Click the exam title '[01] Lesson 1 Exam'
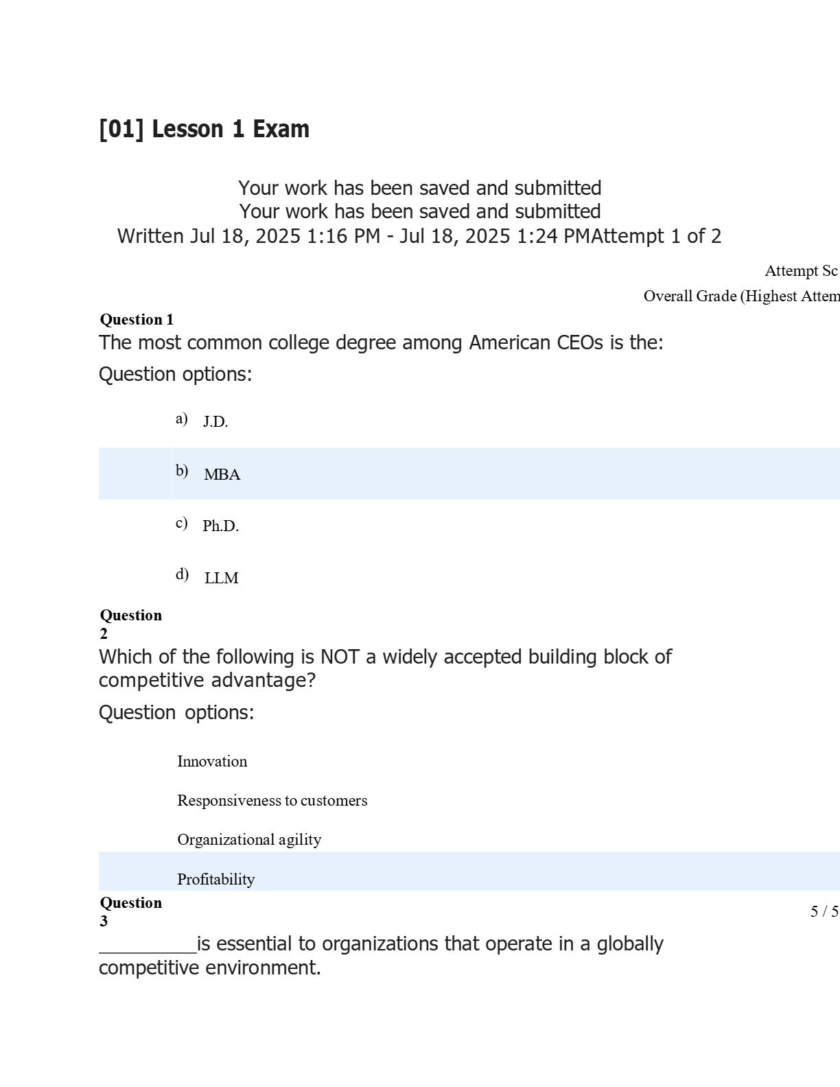pyautogui.click(x=204, y=129)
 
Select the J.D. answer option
pyautogui.click(x=215, y=422)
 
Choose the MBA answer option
pyautogui.click(x=222, y=474)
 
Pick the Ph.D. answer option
pyautogui.click(x=220, y=526)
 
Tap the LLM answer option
pyautogui.click(x=221, y=578)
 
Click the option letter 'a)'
pyautogui.click(x=181, y=419)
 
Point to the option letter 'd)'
pyautogui.click(x=182, y=574)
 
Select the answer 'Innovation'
pyautogui.click(x=212, y=761)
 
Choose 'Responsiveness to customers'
pyautogui.click(x=272, y=800)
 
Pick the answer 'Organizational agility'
pyautogui.click(x=249, y=839)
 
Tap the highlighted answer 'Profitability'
pyautogui.click(x=215, y=879)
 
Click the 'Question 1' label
pyautogui.click(x=137, y=319)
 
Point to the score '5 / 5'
pyautogui.click(x=824, y=911)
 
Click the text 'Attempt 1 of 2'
pyautogui.click(x=657, y=236)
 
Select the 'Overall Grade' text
pyautogui.click(x=690, y=296)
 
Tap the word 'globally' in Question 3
pyautogui.click(x=629, y=944)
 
